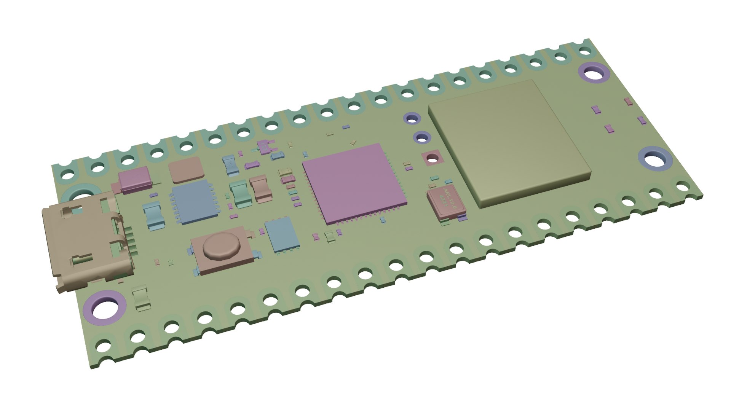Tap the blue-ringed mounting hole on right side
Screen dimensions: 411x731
(654, 160)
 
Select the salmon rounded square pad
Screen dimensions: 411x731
(186, 170)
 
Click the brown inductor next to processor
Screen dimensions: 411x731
(261, 188)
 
